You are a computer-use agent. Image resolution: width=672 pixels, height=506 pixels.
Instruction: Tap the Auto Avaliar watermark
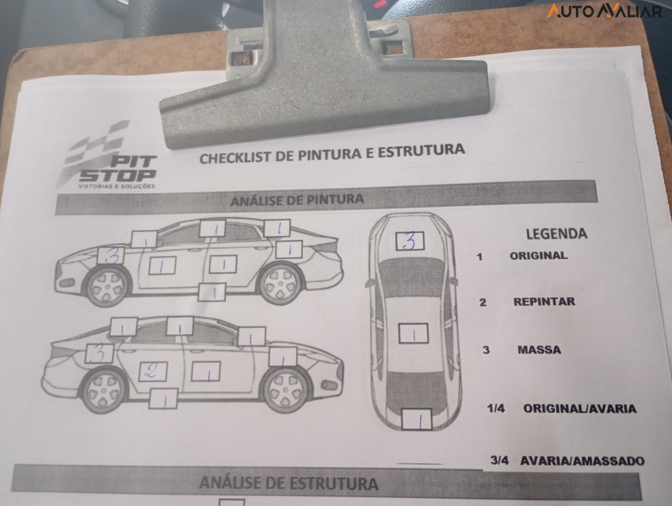604,11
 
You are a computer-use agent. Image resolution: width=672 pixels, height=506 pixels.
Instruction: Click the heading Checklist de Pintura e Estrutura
331,154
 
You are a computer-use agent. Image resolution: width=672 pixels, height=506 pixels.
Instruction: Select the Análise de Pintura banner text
296,199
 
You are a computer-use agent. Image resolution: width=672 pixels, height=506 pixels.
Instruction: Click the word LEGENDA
556,233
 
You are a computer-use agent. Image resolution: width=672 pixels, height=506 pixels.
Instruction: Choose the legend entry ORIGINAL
538,256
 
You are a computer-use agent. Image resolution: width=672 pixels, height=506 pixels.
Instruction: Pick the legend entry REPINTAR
544,302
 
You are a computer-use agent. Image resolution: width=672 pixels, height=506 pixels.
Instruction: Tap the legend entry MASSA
539,350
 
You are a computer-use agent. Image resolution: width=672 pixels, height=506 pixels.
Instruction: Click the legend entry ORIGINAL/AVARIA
579,408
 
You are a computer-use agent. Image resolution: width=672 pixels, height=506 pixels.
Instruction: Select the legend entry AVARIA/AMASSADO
582,461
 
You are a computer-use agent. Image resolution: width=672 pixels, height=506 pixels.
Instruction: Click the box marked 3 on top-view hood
409,241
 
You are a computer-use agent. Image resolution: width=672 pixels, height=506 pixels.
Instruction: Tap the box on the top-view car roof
414,333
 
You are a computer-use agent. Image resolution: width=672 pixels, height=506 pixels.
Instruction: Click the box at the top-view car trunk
416,419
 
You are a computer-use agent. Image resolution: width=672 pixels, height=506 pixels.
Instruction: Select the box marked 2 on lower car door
152,371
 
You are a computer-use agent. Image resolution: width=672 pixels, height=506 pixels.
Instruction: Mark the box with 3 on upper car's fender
111,255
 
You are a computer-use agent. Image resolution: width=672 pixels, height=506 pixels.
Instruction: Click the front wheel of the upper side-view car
107,286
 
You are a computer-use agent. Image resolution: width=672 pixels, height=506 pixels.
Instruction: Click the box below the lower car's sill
163,399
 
